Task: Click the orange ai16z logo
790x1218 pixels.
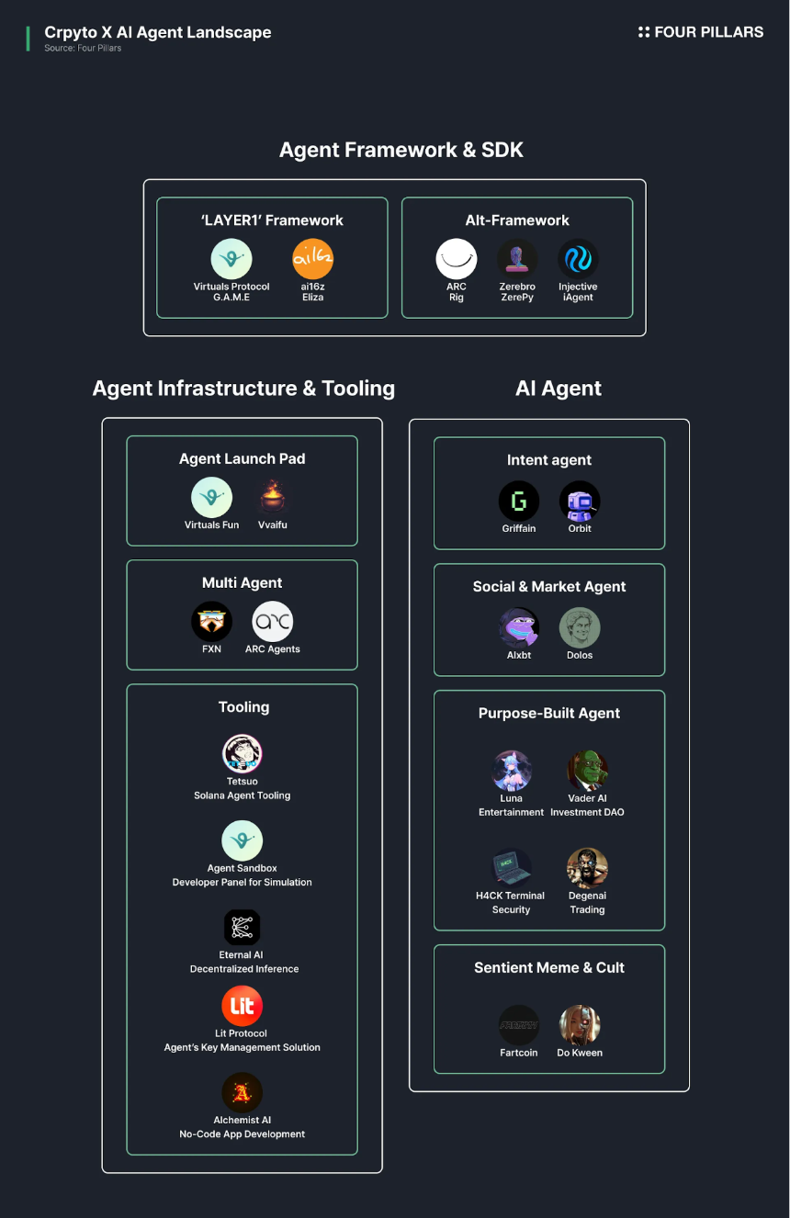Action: [x=312, y=259]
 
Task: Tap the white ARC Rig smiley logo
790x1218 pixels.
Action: [x=457, y=259]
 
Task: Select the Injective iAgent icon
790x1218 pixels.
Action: [x=578, y=259]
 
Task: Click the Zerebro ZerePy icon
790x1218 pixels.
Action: [x=517, y=259]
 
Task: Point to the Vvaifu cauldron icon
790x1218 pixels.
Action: [x=273, y=497]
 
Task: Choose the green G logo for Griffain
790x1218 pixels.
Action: [x=519, y=501]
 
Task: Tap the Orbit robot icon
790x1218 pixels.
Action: [x=580, y=501]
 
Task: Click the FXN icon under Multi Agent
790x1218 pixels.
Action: [x=211, y=622]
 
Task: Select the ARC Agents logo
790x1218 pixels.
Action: [x=273, y=622]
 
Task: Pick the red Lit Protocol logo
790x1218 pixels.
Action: [x=242, y=1006]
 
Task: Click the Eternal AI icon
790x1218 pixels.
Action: [x=242, y=927]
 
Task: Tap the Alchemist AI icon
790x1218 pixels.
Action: [x=242, y=1092]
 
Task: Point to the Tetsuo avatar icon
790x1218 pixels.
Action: [x=242, y=753]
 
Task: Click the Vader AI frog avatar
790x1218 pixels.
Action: [x=587, y=771]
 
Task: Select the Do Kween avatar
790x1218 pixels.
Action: [x=580, y=1025]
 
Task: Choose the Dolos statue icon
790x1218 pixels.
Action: [x=580, y=627]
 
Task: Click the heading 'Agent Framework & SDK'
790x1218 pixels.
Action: [x=401, y=150]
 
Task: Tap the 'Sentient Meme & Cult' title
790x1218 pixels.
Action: [x=549, y=968]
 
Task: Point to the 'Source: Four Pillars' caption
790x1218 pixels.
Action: [x=83, y=48]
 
